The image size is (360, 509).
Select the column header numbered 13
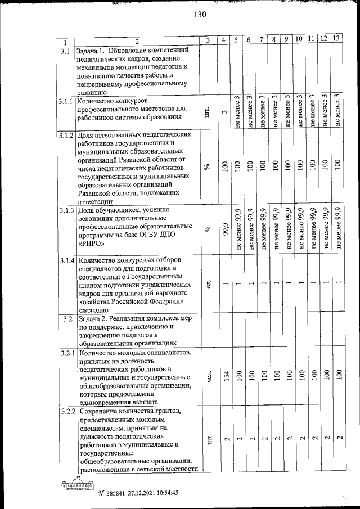[x=336, y=39]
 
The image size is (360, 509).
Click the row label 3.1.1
[x=67, y=101]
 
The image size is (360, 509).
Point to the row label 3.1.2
[x=67, y=136]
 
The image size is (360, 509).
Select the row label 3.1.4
[x=67, y=260]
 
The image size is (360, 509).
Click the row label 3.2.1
[x=67, y=353]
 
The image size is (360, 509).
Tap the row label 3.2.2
[x=67, y=412]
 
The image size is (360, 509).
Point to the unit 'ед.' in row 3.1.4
[x=208, y=285]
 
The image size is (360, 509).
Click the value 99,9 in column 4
[x=224, y=229]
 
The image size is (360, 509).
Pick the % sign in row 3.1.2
[x=208, y=167]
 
